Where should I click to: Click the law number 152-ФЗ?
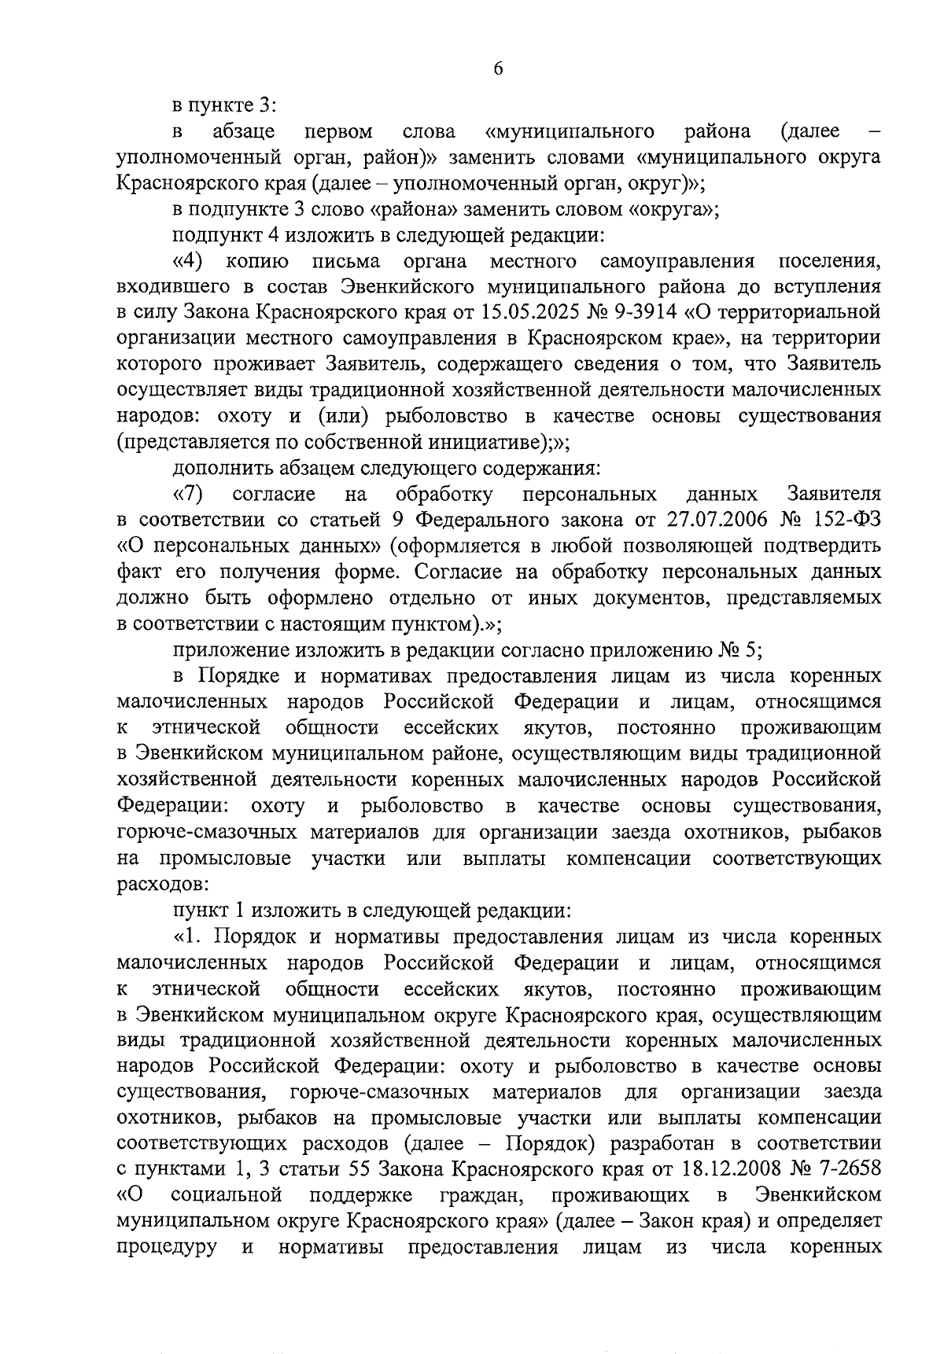tap(845, 520)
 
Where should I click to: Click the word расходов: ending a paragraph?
tap(163, 884)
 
